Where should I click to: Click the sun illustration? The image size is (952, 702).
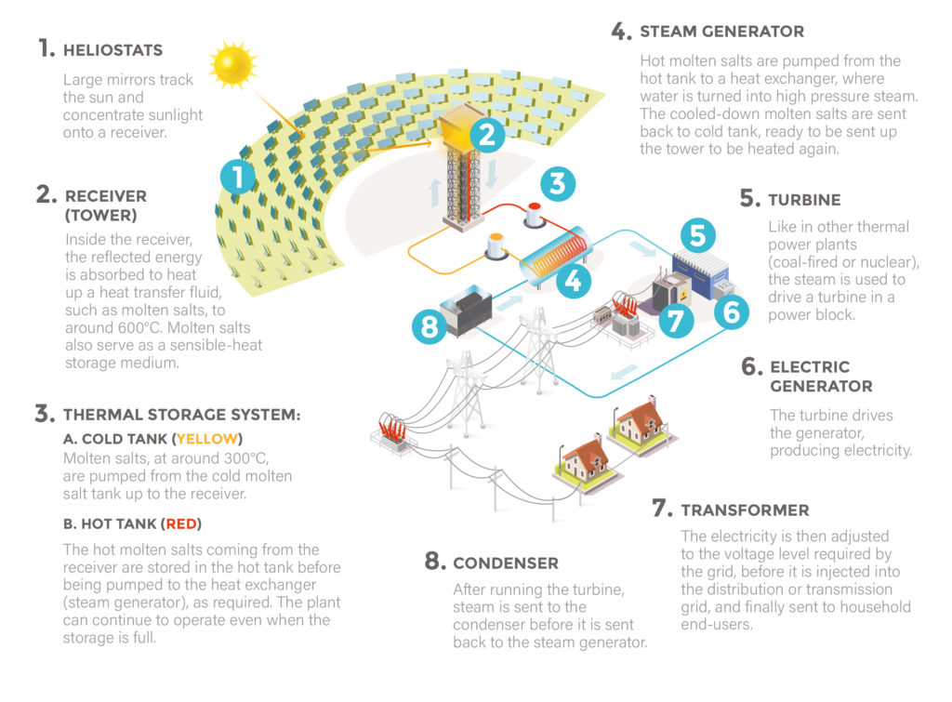click(232, 64)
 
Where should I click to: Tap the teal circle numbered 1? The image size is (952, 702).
click(238, 177)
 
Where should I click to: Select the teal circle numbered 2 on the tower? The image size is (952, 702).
click(487, 135)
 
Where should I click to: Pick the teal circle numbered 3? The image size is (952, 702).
click(558, 184)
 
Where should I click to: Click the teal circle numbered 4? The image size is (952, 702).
click(573, 281)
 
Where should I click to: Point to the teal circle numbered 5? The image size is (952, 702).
click(697, 235)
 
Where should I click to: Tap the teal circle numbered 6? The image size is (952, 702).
click(731, 312)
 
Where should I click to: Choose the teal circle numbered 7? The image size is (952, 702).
click(676, 320)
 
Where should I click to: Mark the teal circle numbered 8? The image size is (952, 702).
click(430, 326)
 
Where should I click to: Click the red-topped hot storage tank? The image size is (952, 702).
click(535, 216)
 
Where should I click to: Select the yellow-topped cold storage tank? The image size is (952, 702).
click(496, 246)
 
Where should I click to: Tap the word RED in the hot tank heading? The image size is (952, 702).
click(181, 524)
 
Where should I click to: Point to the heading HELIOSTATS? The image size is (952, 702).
click(112, 50)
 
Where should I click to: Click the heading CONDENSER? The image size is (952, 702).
click(506, 563)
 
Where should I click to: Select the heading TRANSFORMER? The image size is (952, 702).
click(745, 510)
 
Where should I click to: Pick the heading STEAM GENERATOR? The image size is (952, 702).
click(721, 32)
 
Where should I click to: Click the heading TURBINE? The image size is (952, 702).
click(804, 200)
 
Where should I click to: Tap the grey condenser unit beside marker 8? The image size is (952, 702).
click(467, 311)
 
